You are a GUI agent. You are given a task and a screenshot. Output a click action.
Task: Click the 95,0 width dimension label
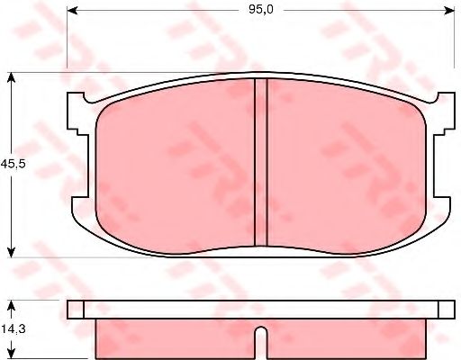261,10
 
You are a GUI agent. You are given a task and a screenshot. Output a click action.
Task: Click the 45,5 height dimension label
14,164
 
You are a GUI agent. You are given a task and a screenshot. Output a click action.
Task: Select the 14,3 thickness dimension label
14,328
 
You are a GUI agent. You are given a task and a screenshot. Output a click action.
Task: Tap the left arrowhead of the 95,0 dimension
73,11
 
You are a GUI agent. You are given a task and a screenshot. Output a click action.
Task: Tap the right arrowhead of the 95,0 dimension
448,11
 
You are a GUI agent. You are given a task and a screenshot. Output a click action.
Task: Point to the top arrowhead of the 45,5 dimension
11,78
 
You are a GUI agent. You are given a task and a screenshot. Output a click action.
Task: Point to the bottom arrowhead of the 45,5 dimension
11,252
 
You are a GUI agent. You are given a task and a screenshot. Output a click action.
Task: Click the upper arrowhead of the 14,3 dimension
11,306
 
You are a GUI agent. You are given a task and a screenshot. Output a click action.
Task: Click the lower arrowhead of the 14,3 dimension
11,354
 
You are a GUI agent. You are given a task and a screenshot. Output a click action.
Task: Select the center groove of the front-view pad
261,162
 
